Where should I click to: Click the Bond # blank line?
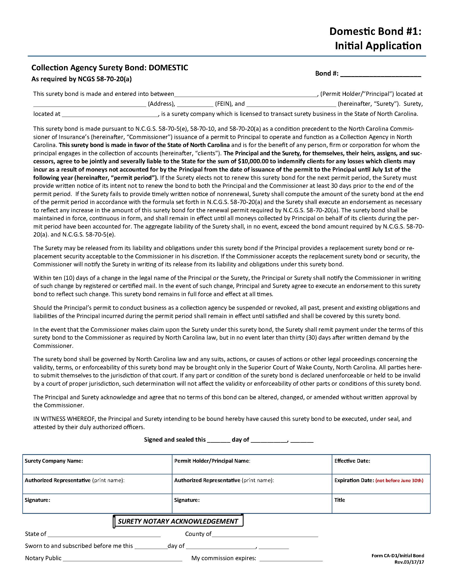point(380,76)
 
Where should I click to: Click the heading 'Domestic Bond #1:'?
point(375,32)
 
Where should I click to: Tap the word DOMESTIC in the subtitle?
point(168,68)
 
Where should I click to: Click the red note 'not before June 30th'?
point(399,481)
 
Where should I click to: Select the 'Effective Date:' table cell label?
point(352,461)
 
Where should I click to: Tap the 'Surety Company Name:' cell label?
point(54,461)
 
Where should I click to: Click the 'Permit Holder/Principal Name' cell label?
point(212,461)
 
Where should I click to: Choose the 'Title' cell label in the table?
point(339,500)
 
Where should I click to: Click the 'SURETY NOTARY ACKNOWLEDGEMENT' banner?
point(178,521)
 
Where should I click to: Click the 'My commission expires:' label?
point(224,558)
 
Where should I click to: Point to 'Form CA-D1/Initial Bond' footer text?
point(398,556)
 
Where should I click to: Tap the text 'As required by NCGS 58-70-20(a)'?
point(82,79)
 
